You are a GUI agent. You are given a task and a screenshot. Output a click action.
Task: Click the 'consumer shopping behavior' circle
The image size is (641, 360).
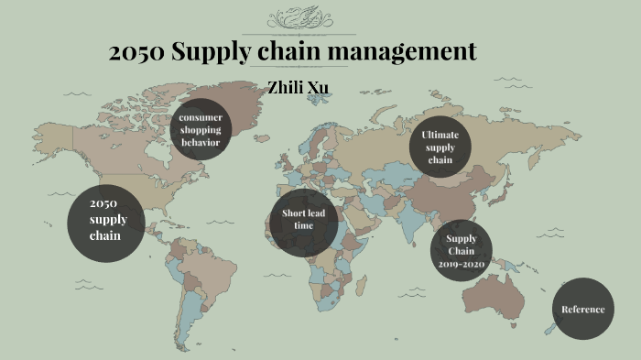coord(200,129)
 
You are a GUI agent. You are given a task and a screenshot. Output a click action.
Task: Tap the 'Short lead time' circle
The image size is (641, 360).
coord(303,220)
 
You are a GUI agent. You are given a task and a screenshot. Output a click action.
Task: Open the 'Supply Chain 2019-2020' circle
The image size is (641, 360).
coord(462,252)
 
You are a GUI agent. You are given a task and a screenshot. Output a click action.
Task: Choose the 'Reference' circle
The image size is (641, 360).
coord(583,309)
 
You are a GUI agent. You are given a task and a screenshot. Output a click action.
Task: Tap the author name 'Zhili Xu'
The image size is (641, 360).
coord(298,88)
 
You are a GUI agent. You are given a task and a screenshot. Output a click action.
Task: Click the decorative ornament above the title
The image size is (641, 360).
coord(299,19)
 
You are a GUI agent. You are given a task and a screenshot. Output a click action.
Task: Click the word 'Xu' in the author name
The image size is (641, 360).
coord(318,88)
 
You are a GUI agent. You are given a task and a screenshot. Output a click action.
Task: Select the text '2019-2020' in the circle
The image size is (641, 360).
coord(462,264)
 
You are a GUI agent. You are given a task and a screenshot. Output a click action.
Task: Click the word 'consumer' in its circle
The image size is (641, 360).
coord(201,118)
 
